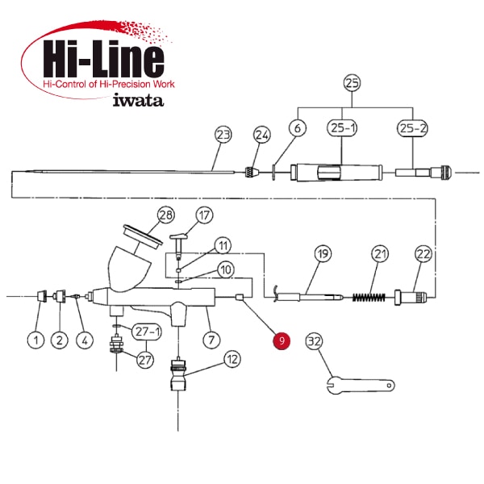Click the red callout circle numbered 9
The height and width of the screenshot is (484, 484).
click(x=282, y=340)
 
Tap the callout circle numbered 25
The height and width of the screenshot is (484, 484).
click(x=352, y=83)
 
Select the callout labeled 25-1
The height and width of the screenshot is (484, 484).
click(x=342, y=127)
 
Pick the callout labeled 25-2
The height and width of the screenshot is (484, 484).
click(x=412, y=127)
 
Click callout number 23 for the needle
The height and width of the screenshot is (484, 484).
click(x=223, y=135)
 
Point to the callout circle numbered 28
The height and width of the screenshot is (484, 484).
click(x=166, y=215)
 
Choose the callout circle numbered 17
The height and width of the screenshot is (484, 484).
click(x=204, y=215)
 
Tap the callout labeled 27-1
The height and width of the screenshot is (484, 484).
click(x=147, y=332)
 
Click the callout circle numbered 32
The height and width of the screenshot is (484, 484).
click(x=315, y=341)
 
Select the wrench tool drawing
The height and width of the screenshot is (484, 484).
click(x=361, y=385)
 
